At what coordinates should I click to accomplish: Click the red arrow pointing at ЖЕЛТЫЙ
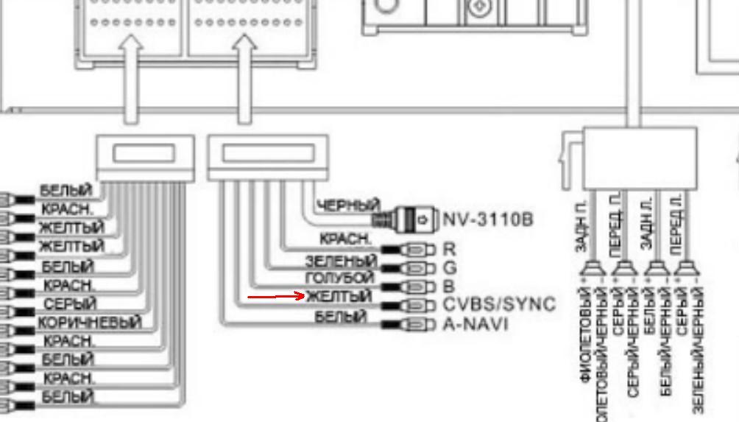click(x=276, y=297)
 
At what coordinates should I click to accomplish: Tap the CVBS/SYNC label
click(x=499, y=305)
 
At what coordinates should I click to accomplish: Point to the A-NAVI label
click(x=475, y=324)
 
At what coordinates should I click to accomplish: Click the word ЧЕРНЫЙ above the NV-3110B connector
click(x=348, y=205)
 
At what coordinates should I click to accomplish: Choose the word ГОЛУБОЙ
click(x=339, y=279)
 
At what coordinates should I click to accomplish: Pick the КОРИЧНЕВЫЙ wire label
click(x=90, y=323)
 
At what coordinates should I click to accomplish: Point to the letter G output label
click(x=450, y=267)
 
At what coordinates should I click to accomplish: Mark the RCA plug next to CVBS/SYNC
click(x=416, y=306)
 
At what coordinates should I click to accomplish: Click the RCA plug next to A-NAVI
click(x=416, y=325)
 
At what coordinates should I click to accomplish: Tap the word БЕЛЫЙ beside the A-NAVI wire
click(x=341, y=317)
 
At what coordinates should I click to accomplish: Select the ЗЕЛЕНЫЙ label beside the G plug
click(x=341, y=261)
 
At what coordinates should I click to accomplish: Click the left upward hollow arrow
click(x=130, y=80)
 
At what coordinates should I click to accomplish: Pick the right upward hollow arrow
click(x=244, y=80)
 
